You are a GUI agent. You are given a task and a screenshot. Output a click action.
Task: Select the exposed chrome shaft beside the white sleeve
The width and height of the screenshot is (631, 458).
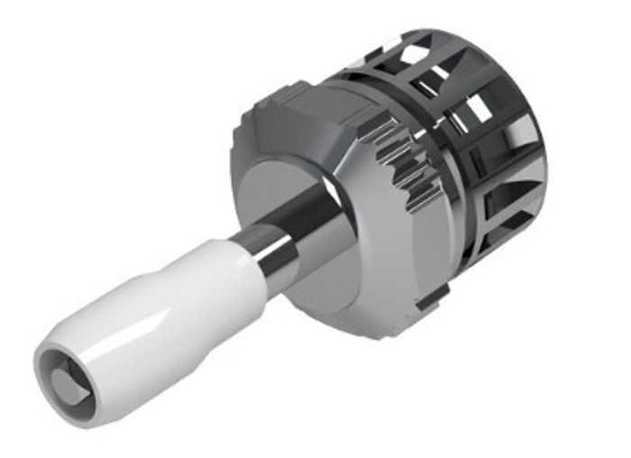[x=270, y=248]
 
